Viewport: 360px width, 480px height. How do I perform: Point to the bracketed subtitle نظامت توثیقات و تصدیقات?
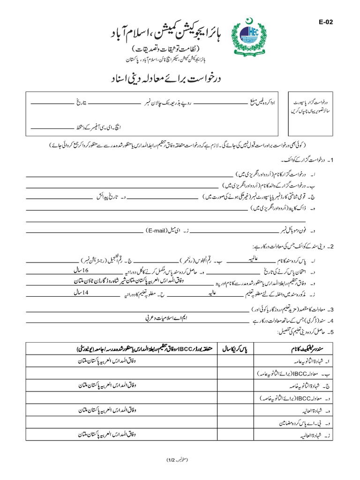[x=178, y=49]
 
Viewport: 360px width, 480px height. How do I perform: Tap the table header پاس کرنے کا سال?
[x=236, y=349]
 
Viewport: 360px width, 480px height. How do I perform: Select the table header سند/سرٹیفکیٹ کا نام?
[x=304, y=349]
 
